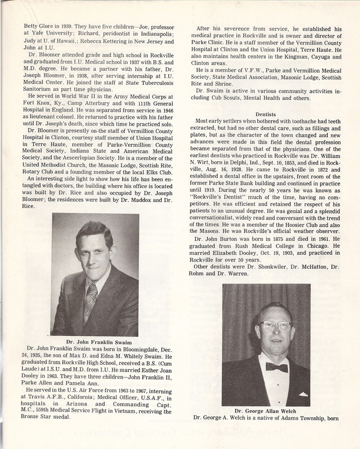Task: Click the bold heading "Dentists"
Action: (270, 114)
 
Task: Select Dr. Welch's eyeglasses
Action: (275, 326)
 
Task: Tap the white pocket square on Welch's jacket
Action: (303, 394)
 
